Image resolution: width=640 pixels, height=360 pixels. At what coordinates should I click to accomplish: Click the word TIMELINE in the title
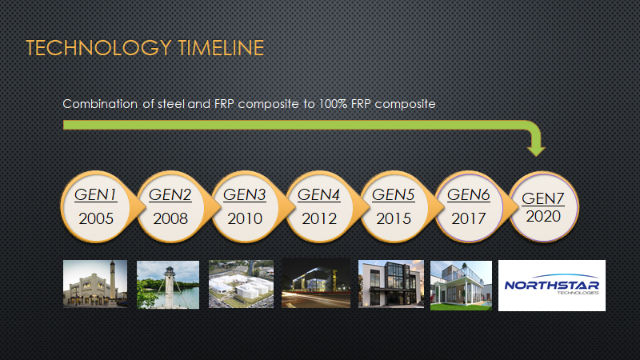point(222,48)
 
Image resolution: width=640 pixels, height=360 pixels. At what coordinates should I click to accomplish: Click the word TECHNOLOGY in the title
point(98,48)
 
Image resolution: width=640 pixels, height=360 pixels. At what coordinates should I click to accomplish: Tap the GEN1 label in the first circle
point(95,194)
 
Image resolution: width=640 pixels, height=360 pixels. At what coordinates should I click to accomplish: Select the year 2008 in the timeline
point(170,218)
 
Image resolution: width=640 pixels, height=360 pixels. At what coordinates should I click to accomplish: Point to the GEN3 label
point(245,194)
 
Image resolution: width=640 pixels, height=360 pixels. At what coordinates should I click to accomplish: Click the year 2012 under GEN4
point(319,218)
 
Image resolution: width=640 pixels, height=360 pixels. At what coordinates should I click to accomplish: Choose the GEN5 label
point(393,194)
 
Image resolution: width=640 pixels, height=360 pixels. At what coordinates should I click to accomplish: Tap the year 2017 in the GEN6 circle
point(468,218)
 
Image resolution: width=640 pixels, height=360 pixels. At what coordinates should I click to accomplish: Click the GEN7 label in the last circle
point(543,198)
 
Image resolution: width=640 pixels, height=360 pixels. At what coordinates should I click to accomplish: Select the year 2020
point(543,216)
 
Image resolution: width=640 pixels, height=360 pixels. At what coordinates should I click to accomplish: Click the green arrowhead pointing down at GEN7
point(536,150)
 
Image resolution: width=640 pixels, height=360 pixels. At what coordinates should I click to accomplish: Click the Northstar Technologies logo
point(552,286)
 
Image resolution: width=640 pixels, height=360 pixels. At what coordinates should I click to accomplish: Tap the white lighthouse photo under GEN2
point(168,285)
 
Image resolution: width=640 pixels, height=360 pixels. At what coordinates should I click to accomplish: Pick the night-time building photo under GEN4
point(316,282)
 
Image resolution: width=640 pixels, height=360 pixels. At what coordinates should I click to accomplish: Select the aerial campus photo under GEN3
point(242,284)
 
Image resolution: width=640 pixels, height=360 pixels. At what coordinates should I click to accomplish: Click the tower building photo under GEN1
point(95,283)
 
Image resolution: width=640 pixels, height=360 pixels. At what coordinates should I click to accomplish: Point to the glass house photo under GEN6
point(461,286)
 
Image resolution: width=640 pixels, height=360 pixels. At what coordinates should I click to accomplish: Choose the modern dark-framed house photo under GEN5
point(391,284)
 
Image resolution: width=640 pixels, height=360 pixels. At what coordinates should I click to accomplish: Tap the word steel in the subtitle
point(171,104)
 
